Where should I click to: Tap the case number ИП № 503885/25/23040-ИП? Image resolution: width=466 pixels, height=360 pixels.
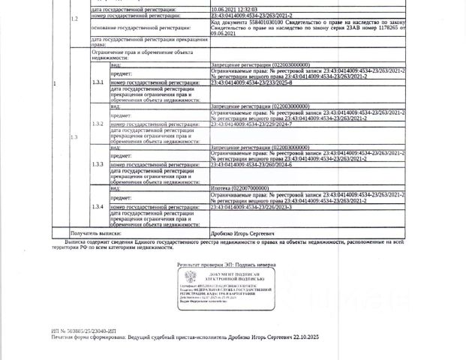(84, 330)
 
